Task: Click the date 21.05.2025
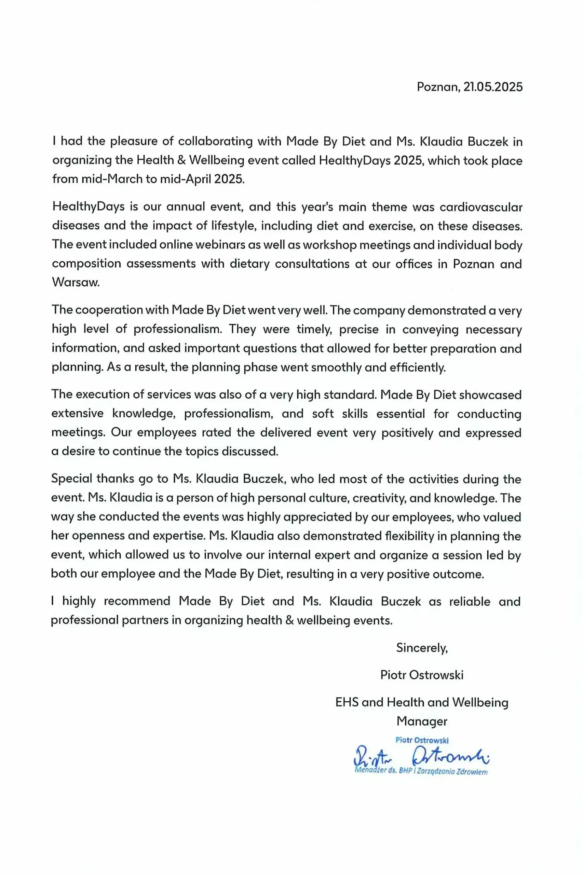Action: click(493, 87)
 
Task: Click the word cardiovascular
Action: click(481, 207)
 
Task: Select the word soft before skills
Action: click(323, 414)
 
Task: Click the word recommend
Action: click(137, 601)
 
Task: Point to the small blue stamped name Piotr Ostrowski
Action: click(422, 740)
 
